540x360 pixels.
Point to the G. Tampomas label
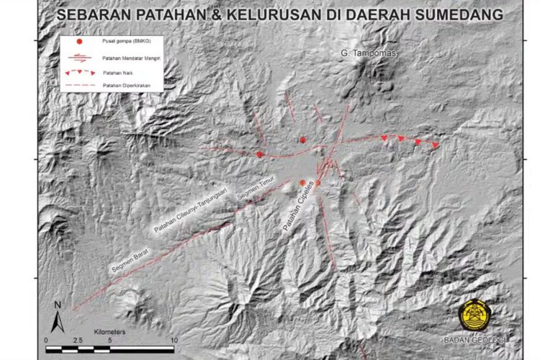[x=368, y=53]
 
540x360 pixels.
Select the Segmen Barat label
[x=130, y=258]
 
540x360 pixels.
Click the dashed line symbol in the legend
[x=78, y=86]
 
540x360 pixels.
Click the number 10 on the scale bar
[x=174, y=339]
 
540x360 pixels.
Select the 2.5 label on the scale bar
[x=78, y=339]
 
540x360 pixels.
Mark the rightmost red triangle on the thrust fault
[x=436, y=145]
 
